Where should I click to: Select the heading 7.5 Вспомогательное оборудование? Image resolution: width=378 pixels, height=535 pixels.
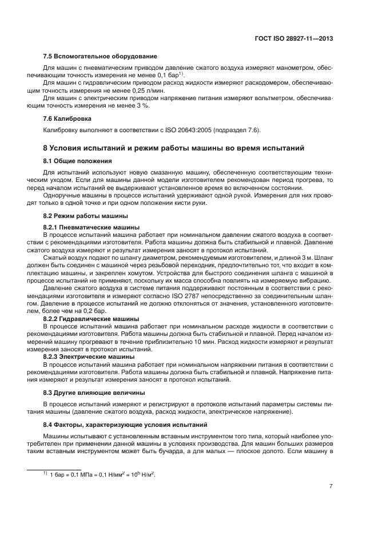(100, 56)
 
